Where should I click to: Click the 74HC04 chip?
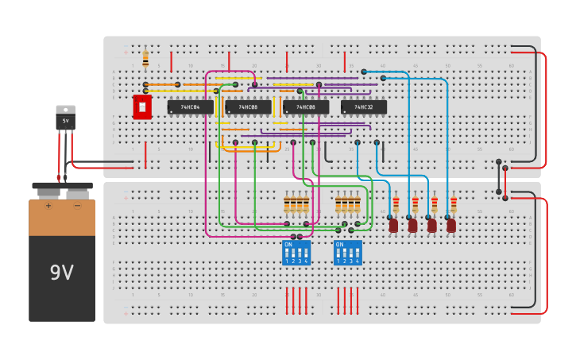[190, 106]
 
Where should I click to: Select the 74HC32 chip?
[364, 106]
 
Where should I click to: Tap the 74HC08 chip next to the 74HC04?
[248, 106]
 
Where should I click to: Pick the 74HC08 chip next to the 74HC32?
[306, 106]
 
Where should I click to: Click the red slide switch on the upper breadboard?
[142, 106]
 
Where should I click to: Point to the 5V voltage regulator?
[65, 118]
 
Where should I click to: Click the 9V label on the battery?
[61, 273]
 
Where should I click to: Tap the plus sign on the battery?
[48, 206]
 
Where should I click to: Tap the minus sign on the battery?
[77, 206]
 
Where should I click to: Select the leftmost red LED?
[393, 226]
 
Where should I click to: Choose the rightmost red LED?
[451, 226]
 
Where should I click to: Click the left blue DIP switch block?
[296, 253]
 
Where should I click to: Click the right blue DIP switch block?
[347, 253]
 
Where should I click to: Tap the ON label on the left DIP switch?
[288, 245]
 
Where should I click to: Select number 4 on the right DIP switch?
[357, 261]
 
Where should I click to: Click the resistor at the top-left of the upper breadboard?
[145, 59]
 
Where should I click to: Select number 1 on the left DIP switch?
[287, 261]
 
